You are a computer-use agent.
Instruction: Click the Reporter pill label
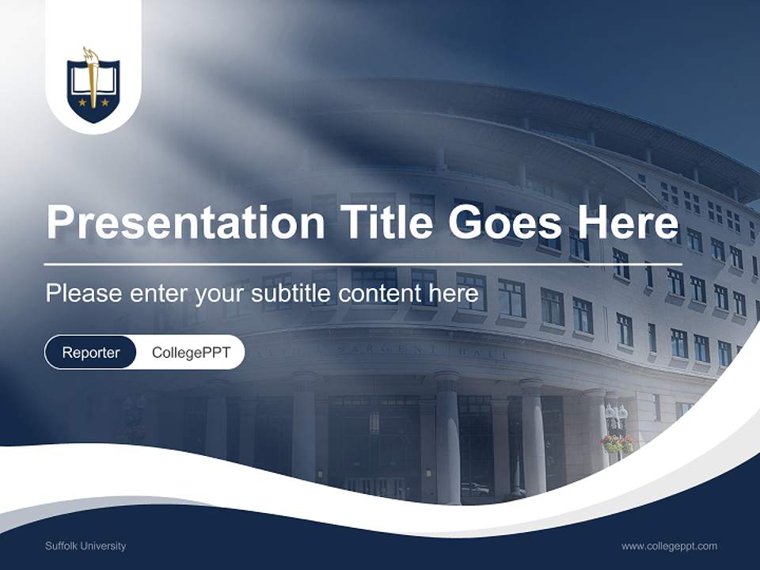(x=91, y=352)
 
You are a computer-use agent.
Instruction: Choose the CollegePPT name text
(x=191, y=352)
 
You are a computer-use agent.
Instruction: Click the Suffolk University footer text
(x=85, y=546)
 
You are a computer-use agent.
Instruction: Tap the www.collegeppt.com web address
(x=669, y=546)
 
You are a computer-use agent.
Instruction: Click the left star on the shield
(x=81, y=102)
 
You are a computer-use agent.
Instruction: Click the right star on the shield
(x=105, y=102)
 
